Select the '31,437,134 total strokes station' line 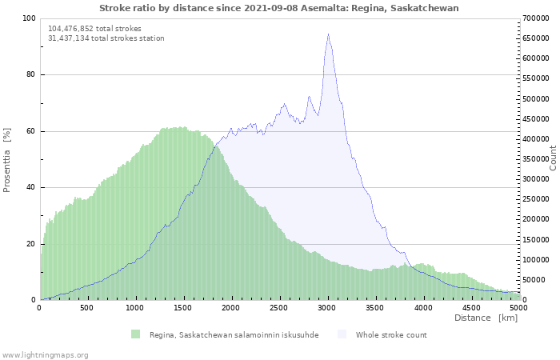click(x=106, y=38)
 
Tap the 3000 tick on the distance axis click(x=327, y=307)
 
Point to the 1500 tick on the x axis click(x=183, y=307)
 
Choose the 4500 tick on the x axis click(x=471, y=307)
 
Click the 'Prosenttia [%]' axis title click(x=7, y=160)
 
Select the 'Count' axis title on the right click(x=553, y=158)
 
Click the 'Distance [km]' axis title click(x=486, y=318)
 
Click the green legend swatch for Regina click(x=135, y=334)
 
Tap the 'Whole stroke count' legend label click(x=391, y=335)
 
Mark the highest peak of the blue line click(x=328, y=34)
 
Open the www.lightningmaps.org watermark click(x=45, y=354)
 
